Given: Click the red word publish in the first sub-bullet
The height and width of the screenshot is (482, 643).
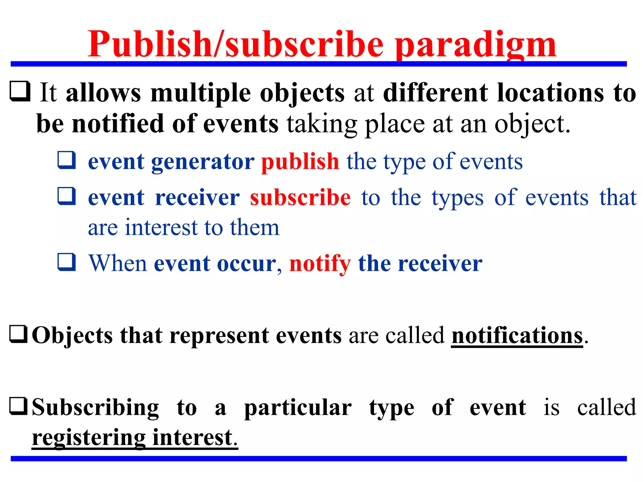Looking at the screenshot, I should (x=300, y=162).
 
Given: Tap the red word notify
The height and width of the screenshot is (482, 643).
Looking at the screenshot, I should (x=320, y=264).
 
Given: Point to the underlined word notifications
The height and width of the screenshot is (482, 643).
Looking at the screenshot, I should (x=517, y=335).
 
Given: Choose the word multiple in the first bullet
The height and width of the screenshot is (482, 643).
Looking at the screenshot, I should (x=201, y=93).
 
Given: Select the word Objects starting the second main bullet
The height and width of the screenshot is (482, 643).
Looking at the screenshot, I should (x=72, y=336).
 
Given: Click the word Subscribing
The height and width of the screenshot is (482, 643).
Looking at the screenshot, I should (x=95, y=408).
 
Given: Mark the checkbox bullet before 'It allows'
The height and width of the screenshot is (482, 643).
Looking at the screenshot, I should (x=20, y=91).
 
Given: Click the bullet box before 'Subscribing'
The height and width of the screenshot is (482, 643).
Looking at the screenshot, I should (x=19, y=406).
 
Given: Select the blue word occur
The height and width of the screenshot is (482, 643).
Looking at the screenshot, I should (x=246, y=264).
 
